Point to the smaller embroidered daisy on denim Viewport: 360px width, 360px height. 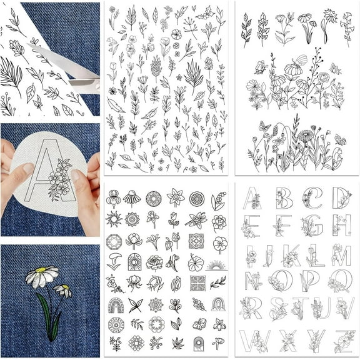(x=63, y=290)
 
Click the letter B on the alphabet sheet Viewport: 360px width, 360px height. (x=283, y=198)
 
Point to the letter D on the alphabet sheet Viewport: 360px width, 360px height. (x=341, y=197)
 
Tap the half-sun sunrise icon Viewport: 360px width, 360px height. (x=217, y=264)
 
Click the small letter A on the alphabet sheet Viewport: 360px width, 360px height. (x=252, y=198)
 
